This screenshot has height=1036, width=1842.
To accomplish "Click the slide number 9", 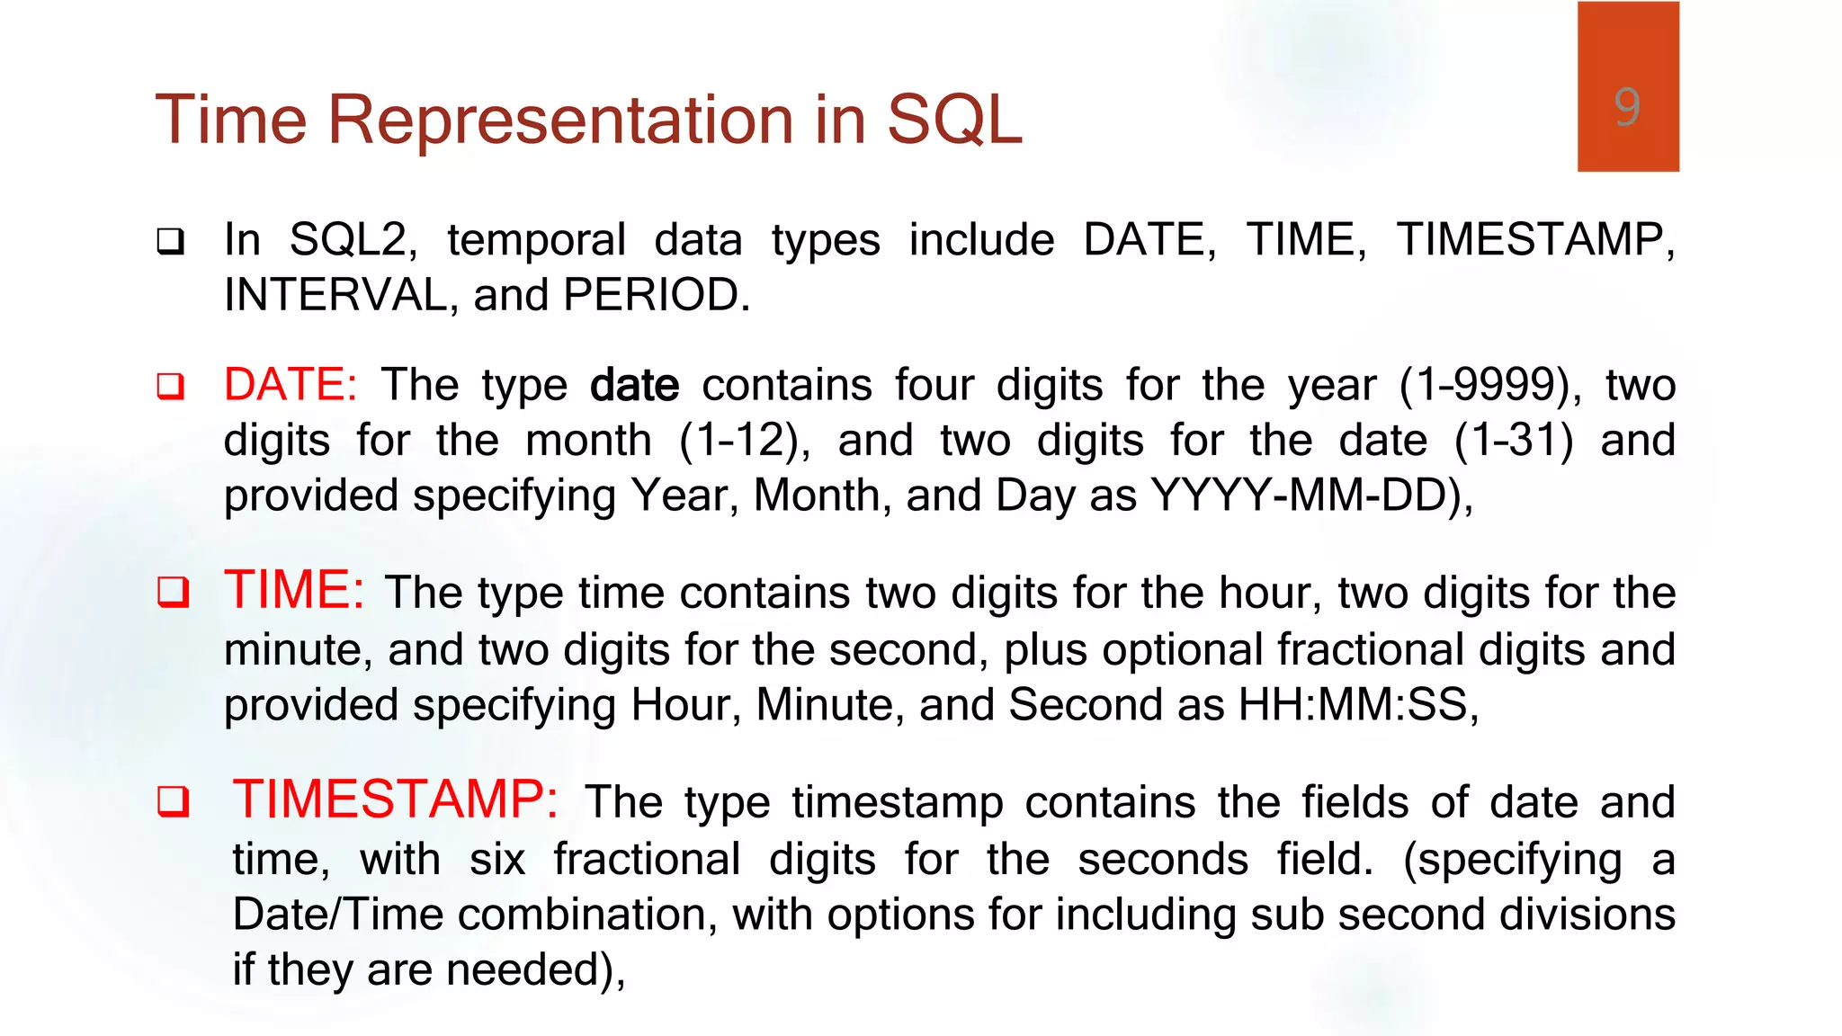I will pos(1626,107).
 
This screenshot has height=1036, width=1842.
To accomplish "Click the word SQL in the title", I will pos(954,120).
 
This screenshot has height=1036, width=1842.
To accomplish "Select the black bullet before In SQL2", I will pos(171,241).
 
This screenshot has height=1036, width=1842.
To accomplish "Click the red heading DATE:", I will pos(291,385).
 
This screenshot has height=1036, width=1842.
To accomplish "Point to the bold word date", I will pos(634,386).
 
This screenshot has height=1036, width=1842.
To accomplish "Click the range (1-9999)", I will pos(1490,385).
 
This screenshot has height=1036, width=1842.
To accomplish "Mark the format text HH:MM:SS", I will pos(1354,705).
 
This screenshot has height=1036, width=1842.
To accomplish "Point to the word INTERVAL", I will pos(335,295).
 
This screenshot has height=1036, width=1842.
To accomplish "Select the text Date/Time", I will pos(337,915).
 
